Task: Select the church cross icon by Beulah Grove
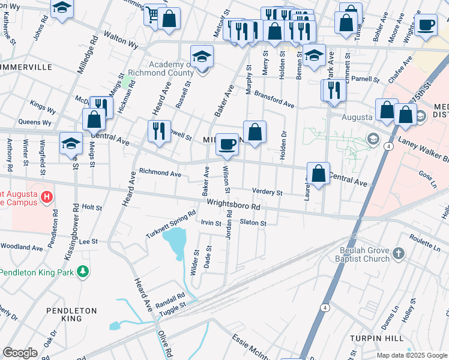click(x=398, y=254)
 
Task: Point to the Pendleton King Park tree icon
click(x=82, y=272)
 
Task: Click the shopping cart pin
click(x=153, y=14)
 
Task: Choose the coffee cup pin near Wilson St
click(x=227, y=143)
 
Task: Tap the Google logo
click(x=20, y=353)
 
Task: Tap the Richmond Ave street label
click(x=160, y=173)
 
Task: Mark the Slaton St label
click(x=253, y=223)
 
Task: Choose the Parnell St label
click(x=366, y=79)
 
